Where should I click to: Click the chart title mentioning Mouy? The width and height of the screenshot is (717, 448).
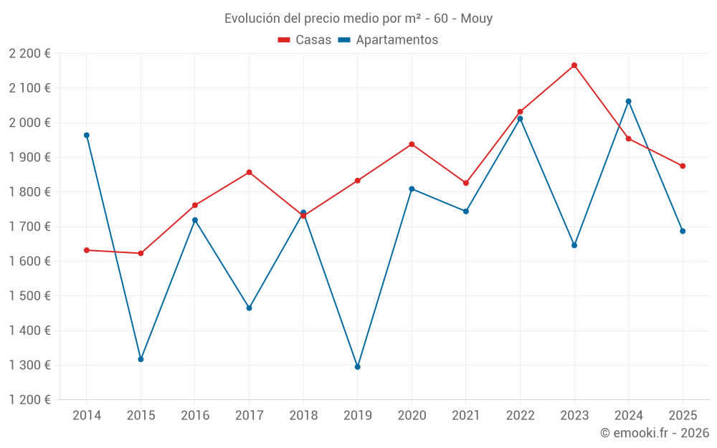click(x=358, y=19)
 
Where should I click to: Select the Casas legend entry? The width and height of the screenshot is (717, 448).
click(x=305, y=40)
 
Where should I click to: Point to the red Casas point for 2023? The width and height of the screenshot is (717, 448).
click(x=574, y=65)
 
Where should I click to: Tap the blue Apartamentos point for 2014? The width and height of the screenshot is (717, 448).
click(x=87, y=135)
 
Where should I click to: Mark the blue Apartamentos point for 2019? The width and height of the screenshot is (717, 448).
click(x=358, y=367)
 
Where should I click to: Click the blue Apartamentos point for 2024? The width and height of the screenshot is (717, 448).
click(x=629, y=101)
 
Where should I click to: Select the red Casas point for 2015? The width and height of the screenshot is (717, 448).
click(x=141, y=253)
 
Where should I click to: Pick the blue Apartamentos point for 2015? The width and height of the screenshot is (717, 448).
click(x=141, y=359)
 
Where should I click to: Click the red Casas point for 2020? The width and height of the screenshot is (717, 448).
click(x=412, y=144)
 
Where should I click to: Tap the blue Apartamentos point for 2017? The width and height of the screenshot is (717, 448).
click(x=249, y=308)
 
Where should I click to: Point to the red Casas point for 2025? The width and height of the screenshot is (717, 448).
click(x=683, y=166)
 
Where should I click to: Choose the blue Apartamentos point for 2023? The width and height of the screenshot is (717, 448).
click(x=574, y=245)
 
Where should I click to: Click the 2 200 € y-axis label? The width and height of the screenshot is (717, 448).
click(x=29, y=54)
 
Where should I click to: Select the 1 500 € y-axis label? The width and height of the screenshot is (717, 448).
click(x=29, y=296)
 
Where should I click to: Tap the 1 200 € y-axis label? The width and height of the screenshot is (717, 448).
click(x=29, y=400)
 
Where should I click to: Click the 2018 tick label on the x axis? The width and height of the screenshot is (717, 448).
click(x=303, y=416)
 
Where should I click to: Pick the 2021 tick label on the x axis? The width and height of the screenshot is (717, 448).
click(x=466, y=416)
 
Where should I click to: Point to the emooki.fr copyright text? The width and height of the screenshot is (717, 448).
click(x=654, y=433)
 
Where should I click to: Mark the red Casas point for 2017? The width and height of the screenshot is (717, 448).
click(x=249, y=172)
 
